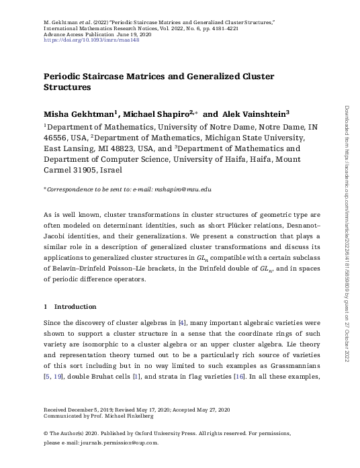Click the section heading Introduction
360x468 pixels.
tap(75, 306)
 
